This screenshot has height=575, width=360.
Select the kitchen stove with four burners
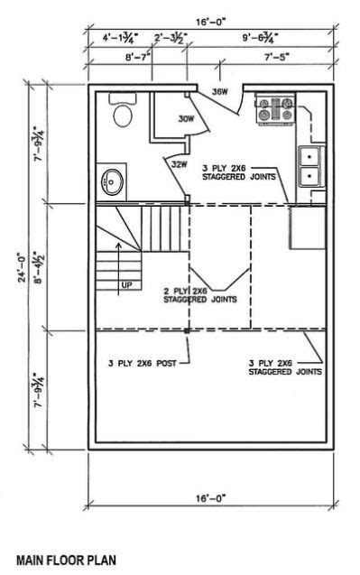tap(270, 111)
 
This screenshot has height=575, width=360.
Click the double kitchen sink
tap(309, 165)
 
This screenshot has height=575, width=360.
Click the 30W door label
tap(186, 119)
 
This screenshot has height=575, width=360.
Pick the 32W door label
tap(178, 163)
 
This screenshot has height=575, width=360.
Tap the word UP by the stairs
tap(126, 284)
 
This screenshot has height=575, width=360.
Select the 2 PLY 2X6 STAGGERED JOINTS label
tap(200, 296)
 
